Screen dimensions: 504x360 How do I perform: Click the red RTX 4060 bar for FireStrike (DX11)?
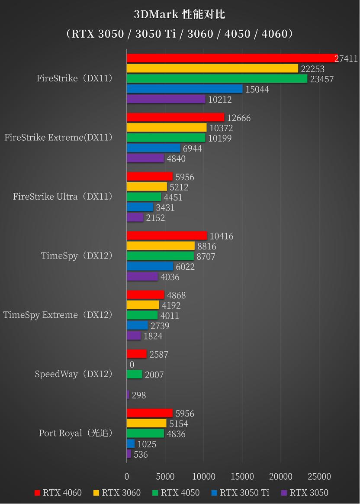pyautogui.click(x=232, y=58)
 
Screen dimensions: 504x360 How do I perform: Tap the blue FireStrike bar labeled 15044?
pyautogui.click(x=184, y=89)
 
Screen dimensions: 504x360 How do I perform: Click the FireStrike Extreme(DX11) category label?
pyautogui.click(x=58, y=138)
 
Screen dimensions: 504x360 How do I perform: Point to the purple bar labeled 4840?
pyautogui.click(x=145, y=158)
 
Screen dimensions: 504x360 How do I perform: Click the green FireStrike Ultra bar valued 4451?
pyautogui.click(x=144, y=197)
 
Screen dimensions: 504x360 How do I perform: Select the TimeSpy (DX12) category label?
pyautogui.click(x=77, y=256)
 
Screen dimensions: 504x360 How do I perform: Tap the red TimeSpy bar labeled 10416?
pyautogui.click(x=167, y=236)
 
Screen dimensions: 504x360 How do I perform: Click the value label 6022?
pyautogui.click(x=185, y=267)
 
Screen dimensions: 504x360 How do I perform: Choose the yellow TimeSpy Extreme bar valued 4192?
pyautogui.click(x=142, y=305)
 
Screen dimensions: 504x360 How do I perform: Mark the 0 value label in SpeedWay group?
pyautogui.click(x=132, y=365)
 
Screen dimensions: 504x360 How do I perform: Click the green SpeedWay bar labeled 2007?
pyautogui.click(x=134, y=375)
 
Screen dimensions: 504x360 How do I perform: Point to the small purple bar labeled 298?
pyautogui.click(x=128, y=395)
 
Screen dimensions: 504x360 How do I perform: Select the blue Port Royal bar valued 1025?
pyautogui.click(x=131, y=444)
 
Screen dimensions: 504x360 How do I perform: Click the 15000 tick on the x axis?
pyautogui.click(x=242, y=477)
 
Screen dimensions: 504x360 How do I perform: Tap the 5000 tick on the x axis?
pyautogui.click(x=165, y=477)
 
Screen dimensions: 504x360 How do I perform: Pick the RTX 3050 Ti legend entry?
pyautogui.click(x=240, y=493)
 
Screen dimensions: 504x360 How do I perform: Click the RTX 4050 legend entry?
pyautogui.click(x=176, y=493)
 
